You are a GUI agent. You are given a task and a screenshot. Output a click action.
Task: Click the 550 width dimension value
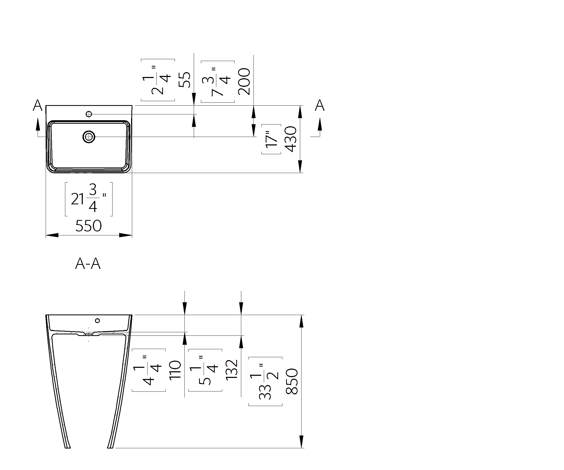(x=88, y=226)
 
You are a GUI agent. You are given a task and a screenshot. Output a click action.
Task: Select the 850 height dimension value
(x=292, y=381)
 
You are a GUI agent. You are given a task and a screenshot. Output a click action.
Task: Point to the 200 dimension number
(x=244, y=81)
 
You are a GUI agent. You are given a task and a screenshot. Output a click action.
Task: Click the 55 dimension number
(x=184, y=80)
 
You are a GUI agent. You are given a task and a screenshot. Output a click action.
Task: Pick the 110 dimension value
(x=175, y=370)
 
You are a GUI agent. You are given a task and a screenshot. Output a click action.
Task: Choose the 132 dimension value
(x=232, y=370)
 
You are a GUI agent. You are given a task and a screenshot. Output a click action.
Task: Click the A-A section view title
(x=88, y=264)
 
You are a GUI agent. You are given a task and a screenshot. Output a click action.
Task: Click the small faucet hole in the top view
(x=89, y=114)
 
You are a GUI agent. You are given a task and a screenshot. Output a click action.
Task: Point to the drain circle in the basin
(x=89, y=137)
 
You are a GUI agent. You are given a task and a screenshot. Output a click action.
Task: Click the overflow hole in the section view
(x=97, y=320)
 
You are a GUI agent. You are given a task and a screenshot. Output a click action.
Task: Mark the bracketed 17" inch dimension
(x=271, y=139)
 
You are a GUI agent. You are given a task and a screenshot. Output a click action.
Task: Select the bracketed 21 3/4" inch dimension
(x=89, y=199)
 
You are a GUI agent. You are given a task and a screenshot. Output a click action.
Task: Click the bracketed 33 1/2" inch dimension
(x=265, y=381)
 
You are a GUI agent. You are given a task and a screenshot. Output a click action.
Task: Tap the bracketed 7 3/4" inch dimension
(x=218, y=82)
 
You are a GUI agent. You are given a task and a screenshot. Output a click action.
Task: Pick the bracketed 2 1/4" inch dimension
(x=158, y=80)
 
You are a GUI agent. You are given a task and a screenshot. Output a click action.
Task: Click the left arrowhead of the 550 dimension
(x=52, y=235)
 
